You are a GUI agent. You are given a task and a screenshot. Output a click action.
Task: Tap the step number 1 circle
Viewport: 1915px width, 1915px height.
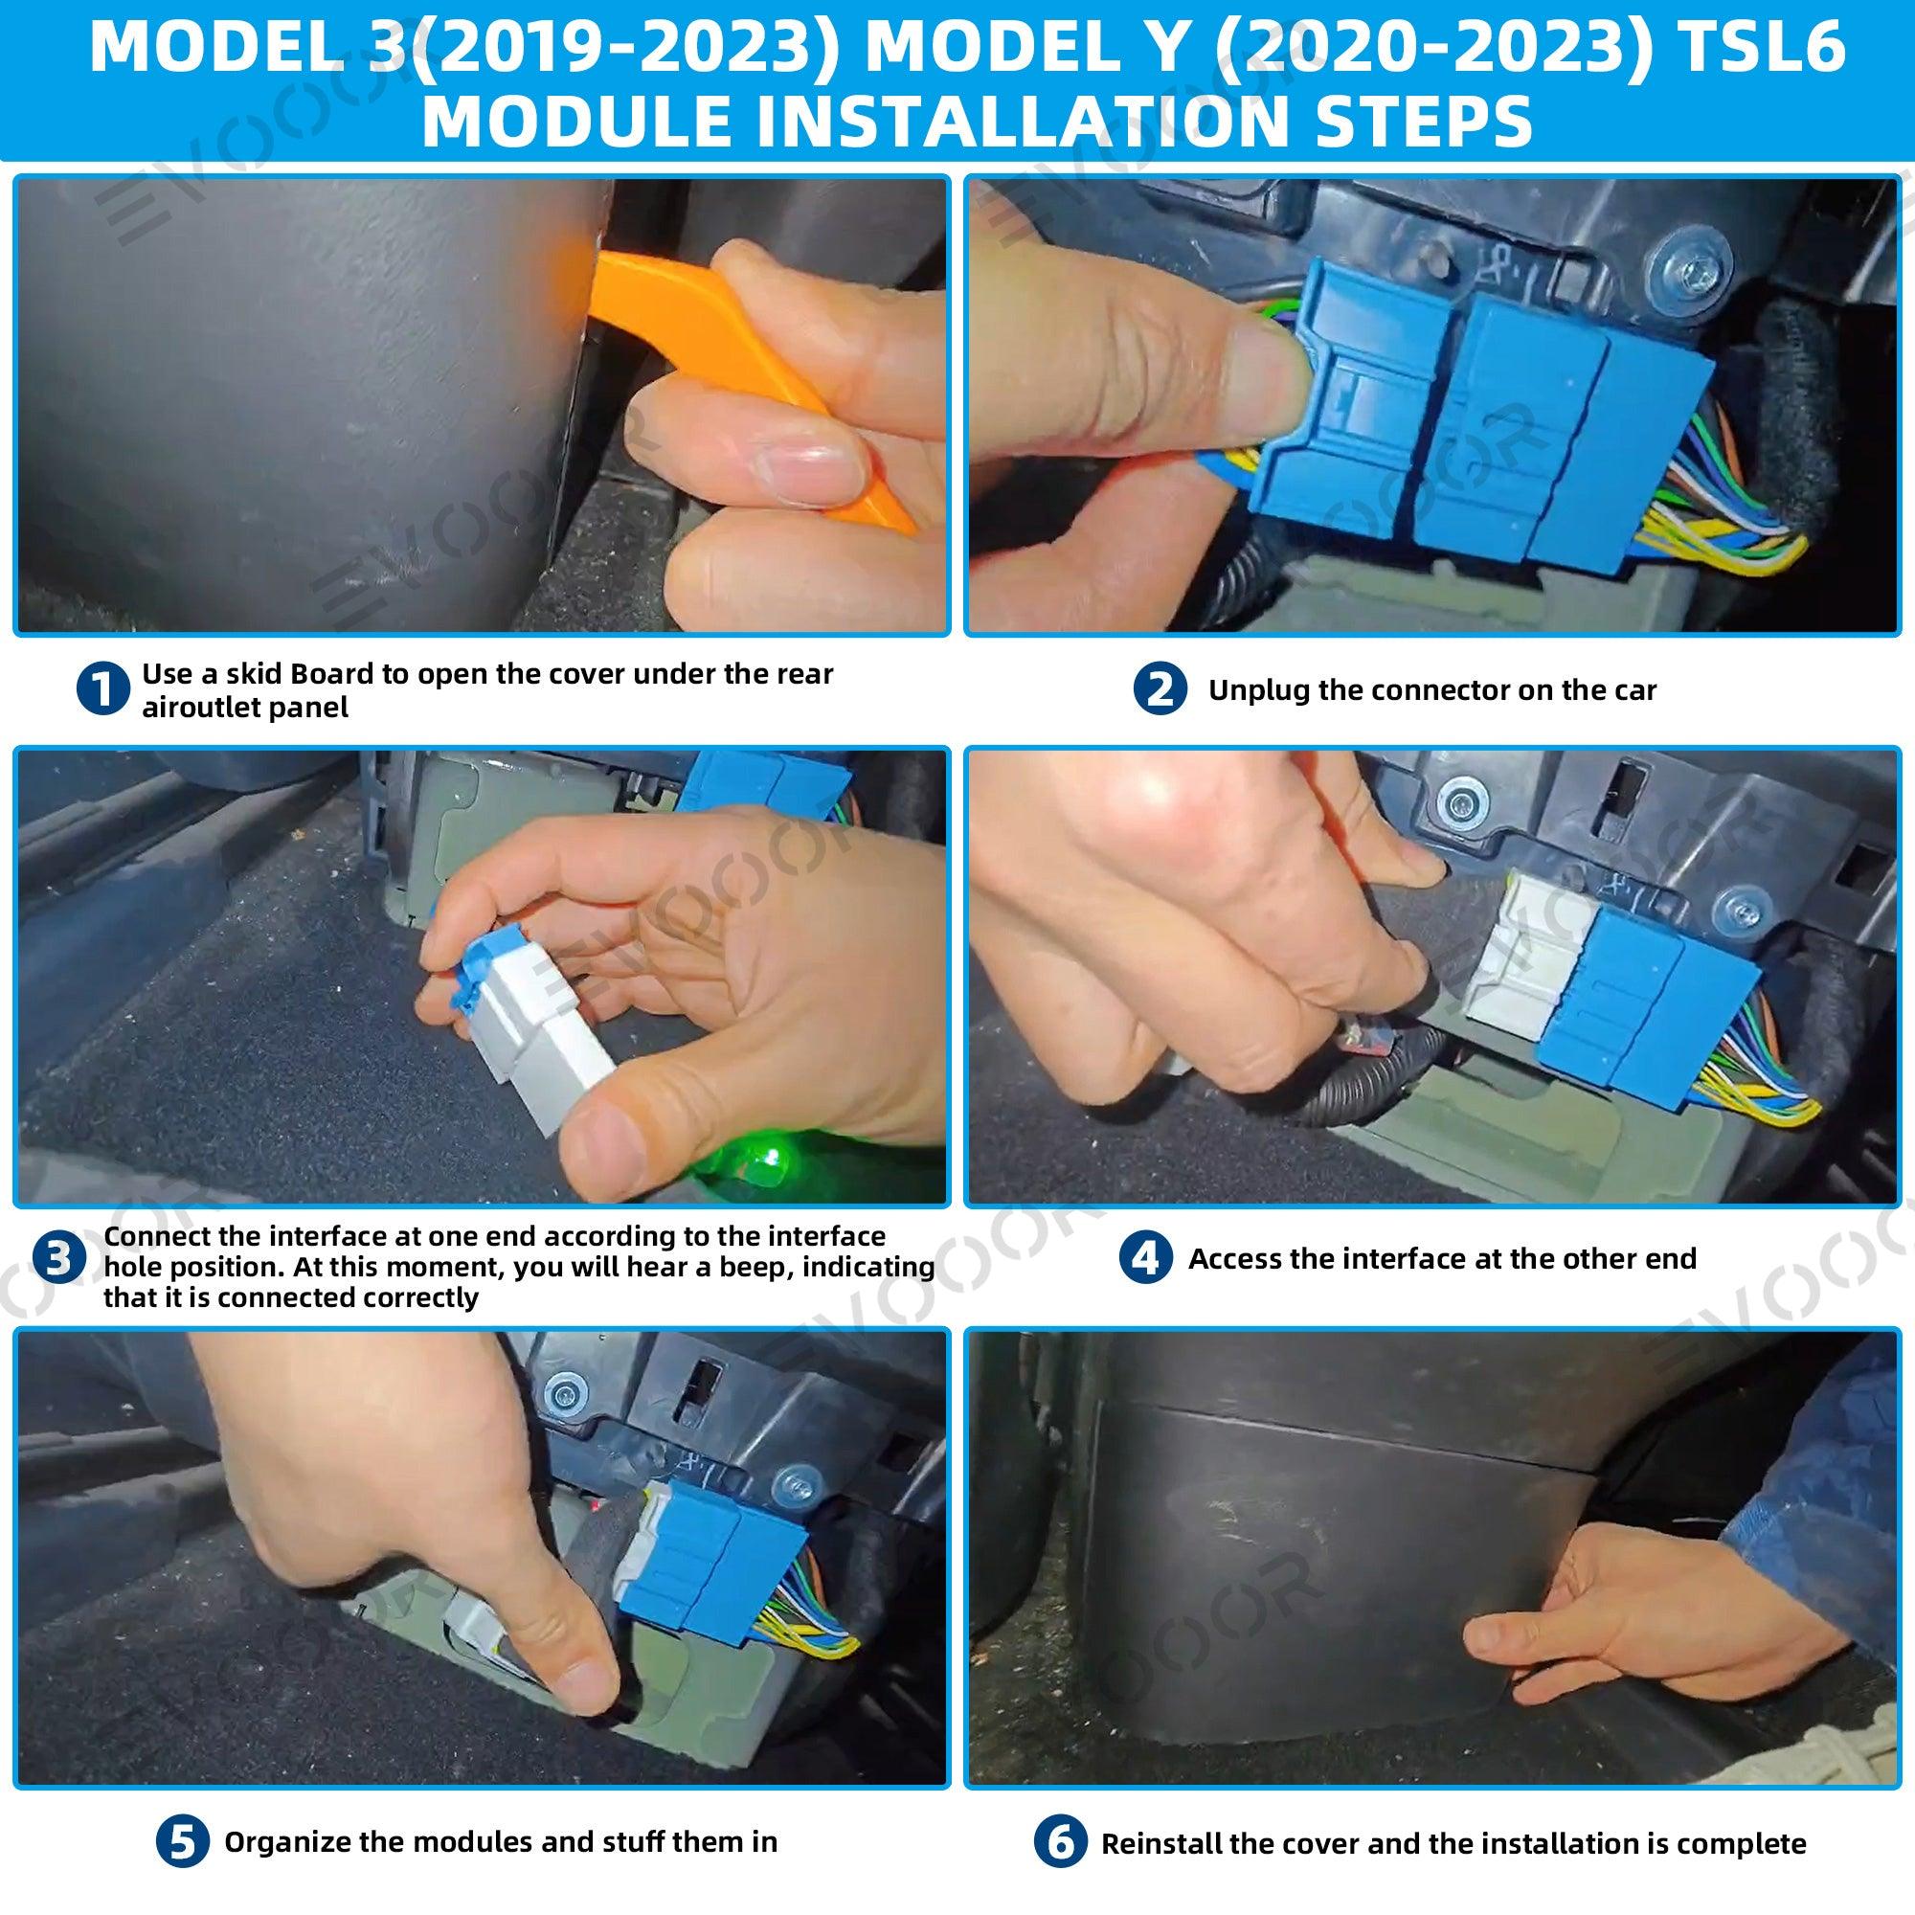click(x=103, y=688)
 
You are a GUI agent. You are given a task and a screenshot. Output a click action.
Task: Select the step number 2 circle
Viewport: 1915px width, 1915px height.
click(x=1160, y=689)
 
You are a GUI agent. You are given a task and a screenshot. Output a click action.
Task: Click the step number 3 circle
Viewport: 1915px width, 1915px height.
click(x=59, y=1259)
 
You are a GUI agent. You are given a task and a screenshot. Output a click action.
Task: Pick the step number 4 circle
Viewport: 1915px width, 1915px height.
click(x=1145, y=1259)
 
